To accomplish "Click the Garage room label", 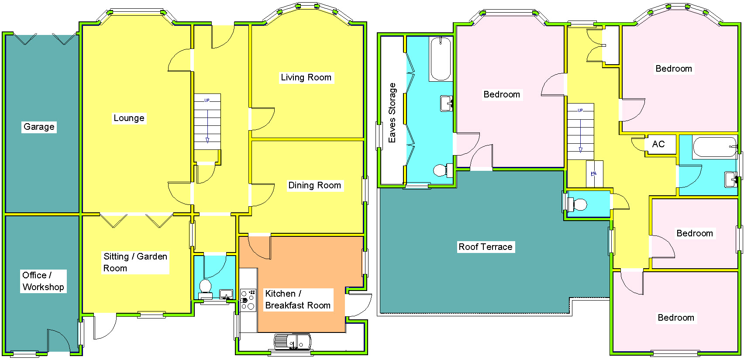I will coord(39,127).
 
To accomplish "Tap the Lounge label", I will coord(129,118).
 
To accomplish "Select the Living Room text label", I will coord(306,77).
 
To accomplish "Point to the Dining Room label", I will coord(314,185).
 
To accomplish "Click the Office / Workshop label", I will coord(43,281).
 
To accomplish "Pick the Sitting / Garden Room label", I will coord(135,262).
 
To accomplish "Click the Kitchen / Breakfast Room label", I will coord(298,299).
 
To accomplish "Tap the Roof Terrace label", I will coord(485,247).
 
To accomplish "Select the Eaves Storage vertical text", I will coord(392,113).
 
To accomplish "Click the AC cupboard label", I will coord(658,144).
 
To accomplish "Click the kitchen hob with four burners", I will coord(248,300).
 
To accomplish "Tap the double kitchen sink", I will coord(292,341).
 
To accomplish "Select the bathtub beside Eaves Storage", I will coord(441,59).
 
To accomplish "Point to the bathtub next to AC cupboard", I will coord(715,147).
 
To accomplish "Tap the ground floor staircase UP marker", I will coord(207,100).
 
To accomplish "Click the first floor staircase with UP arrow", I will coord(580,131).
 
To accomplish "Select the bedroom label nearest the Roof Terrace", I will coord(502,94).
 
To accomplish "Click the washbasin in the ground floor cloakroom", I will coord(226,294).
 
